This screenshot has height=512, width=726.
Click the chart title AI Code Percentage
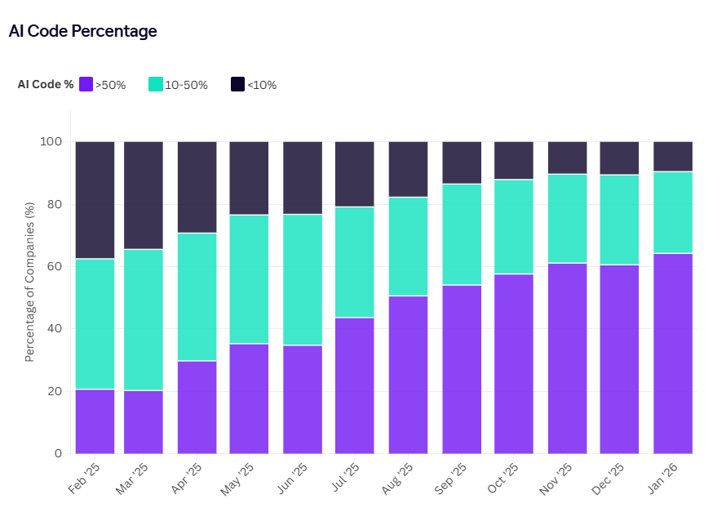tap(82, 31)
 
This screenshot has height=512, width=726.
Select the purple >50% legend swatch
tap(86, 84)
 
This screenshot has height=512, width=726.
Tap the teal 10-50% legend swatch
tap(155, 84)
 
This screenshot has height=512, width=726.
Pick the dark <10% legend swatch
tap(237, 84)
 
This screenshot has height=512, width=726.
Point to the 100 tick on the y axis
tap(51, 142)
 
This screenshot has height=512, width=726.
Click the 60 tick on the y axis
tap(55, 267)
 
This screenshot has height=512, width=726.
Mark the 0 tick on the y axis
tap(58, 454)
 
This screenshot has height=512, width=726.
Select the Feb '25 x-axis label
tap(83, 479)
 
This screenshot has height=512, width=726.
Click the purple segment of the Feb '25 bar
tap(95, 421)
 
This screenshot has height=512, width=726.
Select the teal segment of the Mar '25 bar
tap(144, 319)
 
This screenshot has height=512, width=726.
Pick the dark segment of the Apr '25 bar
tap(197, 187)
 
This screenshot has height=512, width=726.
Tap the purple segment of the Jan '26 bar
tap(673, 354)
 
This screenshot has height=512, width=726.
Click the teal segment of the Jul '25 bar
tap(355, 262)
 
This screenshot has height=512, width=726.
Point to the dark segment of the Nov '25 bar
tap(567, 158)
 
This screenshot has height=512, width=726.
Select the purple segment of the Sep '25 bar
tap(462, 369)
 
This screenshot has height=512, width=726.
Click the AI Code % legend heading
tap(46, 84)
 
